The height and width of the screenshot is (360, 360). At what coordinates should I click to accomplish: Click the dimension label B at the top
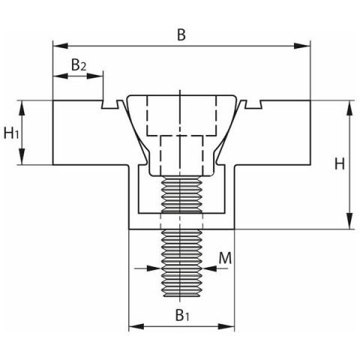pyautogui.click(x=181, y=34)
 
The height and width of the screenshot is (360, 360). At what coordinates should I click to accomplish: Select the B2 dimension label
pyautogui.click(x=79, y=64)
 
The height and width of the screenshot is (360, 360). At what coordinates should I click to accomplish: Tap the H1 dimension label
pyautogui.click(x=11, y=133)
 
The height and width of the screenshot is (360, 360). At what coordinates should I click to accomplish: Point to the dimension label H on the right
pyautogui.click(x=340, y=164)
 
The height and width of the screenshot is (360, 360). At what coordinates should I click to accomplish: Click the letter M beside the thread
pyautogui.click(x=225, y=258)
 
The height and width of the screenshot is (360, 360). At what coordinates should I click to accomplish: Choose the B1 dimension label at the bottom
pyautogui.click(x=182, y=315)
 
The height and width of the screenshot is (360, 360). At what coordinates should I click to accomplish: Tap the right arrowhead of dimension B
pyautogui.click(x=302, y=46)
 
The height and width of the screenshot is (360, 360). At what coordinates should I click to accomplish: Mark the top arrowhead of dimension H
pyautogui.click(x=350, y=108)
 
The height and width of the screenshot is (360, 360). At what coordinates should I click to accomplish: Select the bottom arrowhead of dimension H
pyautogui.click(x=350, y=221)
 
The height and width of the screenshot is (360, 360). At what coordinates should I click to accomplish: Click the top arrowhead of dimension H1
pyautogui.click(x=22, y=108)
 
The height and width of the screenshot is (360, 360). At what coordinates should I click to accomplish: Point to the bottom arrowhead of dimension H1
pyautogui.click(x=22, y=157)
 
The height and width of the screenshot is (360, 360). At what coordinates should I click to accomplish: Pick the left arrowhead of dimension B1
pyautogui.click(x=136, y=326)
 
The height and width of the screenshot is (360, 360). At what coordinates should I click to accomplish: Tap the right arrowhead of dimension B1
pyautogui.click(x=226, y=326)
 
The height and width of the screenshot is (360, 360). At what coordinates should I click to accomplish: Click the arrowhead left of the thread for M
pyautogui.click(x=153, y=268)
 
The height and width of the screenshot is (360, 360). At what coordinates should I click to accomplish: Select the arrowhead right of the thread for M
pyautogui.click(x=210, y=268)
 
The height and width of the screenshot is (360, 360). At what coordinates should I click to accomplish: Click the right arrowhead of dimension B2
pyautogui.click(x=95, y=76)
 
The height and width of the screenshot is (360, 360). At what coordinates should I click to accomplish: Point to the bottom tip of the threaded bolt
pyautogui.click(x=181, y=297)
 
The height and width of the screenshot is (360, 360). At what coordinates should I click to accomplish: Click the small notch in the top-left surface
pyautogui.click(x=109, y=104)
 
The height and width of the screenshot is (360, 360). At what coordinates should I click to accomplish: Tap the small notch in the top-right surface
pyautogui.click(x=253, y=104)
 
